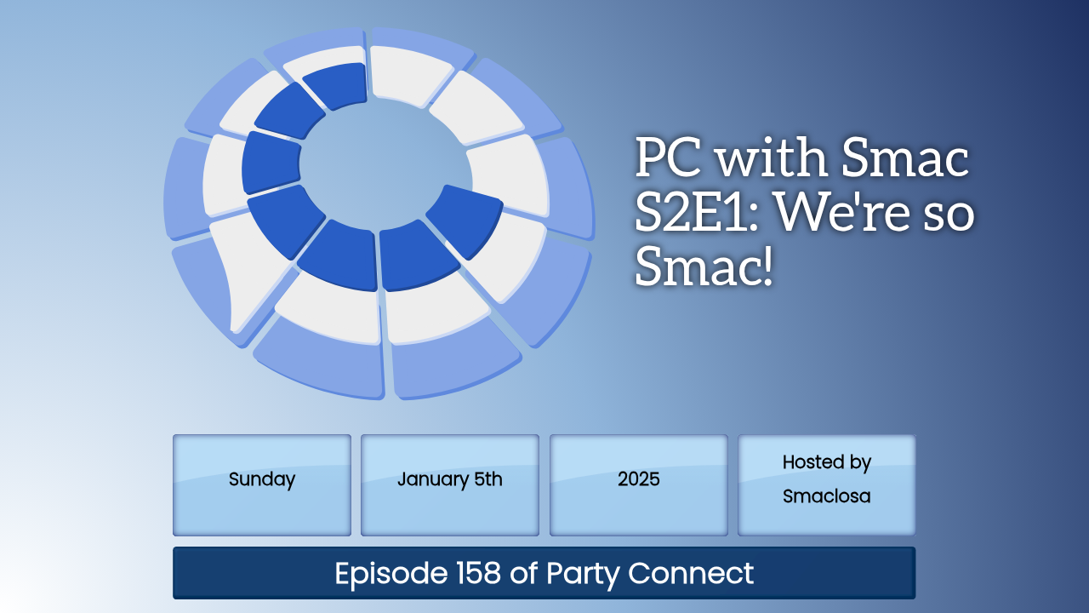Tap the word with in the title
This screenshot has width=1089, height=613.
coord(773,158)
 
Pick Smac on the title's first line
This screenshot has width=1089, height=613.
coord(905,158)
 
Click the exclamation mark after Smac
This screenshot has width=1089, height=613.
coord(767,266)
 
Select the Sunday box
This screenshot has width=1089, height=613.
coord(262,485)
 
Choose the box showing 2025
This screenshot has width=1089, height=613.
coord(638,485)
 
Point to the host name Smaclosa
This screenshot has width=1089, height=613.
coord(826,496)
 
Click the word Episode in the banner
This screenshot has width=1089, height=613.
coord(391,574)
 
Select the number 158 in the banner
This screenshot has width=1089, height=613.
coord(478,573)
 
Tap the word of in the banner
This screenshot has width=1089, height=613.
coord(523,572)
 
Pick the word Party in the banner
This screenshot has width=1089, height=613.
coord(583,574)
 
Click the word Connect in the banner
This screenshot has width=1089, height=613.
coord(690,573)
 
